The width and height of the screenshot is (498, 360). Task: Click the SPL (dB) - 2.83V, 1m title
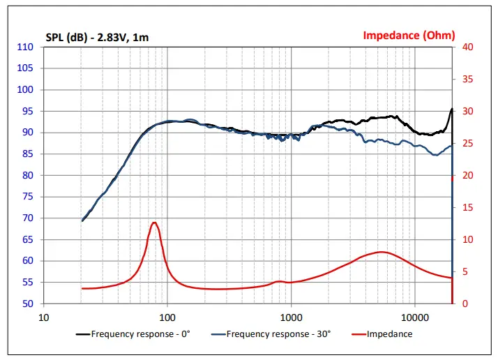pos(97,36)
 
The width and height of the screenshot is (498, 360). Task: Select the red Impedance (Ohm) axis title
pos(409,35)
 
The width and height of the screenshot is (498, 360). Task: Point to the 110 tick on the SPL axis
pos(26,47)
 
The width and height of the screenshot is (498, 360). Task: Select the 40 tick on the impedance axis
pos(467,47)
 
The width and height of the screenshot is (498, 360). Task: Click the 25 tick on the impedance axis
pos(467,144)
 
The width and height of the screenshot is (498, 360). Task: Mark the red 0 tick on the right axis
pos(464,303)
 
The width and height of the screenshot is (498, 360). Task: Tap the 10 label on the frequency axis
pos(43,316)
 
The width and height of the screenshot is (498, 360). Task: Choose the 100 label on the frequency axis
pos(167,316)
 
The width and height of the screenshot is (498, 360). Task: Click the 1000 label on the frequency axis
pos(291,316)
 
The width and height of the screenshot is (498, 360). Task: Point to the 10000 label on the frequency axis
pos(415,316)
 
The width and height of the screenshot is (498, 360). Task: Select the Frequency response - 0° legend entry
pos(133,334)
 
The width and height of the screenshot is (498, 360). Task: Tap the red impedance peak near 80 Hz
pos(154,223)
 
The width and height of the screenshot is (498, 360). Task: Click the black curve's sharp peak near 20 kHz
pos(451,109)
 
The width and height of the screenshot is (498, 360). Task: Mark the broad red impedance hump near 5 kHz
pos(381,252)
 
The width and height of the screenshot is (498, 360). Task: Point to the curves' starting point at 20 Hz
pos(82,221)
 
